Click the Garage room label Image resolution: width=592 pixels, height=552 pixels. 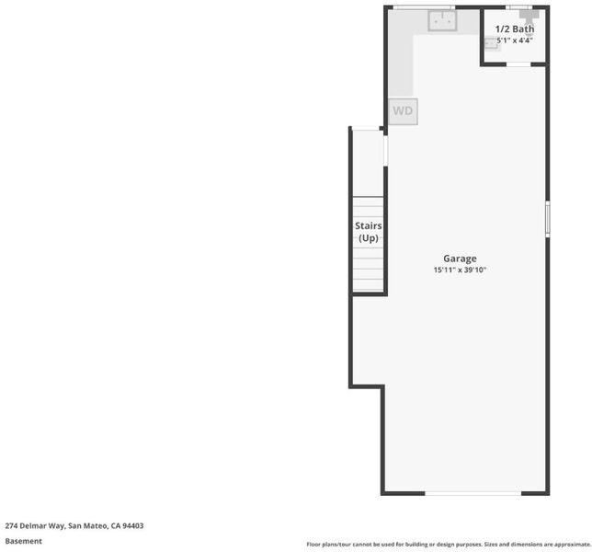(460, 259)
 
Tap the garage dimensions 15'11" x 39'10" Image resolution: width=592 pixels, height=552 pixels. (460, 270)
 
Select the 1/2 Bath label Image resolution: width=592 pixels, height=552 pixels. (515, 29)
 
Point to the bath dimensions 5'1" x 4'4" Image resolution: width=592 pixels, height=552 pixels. (515, 40)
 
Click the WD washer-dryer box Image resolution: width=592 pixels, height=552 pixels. (403, 111)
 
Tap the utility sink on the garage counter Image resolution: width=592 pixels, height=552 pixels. (442, 21)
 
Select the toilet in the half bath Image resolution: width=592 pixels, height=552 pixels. (529, 18)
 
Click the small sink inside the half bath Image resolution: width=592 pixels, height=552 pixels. (491, 44)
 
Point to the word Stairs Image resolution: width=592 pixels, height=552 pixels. (368, 226)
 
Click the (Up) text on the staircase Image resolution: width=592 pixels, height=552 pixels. (368, 238)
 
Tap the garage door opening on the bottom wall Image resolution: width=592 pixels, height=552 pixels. (473, 493)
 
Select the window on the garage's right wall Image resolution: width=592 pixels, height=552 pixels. (548, 219)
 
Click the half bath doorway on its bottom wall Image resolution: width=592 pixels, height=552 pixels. (518, 64)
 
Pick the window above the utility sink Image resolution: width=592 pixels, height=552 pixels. (424, 7)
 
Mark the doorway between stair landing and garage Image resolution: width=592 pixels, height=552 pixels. (385, 150)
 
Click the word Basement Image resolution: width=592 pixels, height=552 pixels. (23, 541)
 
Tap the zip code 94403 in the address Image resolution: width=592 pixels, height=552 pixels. (133, 525)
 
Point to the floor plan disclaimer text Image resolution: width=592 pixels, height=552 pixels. (449, 545)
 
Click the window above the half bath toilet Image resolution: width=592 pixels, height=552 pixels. (518, 7)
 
